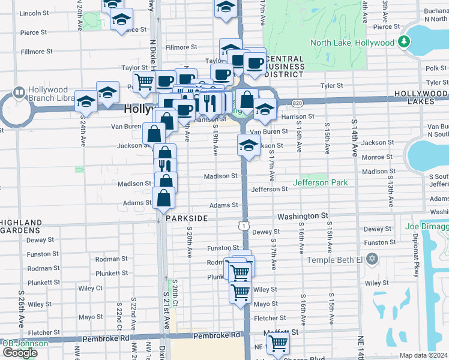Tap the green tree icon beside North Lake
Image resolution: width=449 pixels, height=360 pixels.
click(405, 42)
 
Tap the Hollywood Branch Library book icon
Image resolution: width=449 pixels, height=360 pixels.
click(18, 94)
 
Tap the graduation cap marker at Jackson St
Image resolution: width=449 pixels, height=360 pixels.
click(249, 145)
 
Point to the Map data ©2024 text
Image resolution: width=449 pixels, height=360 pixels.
click(423, 355)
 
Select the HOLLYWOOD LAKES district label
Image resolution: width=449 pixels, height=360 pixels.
click(421, 98)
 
